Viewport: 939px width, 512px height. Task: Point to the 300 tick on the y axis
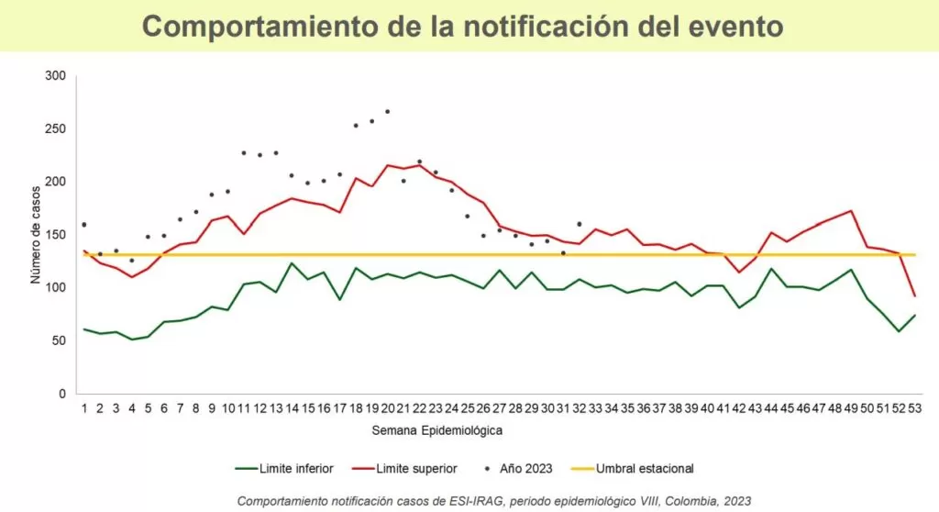coord(56,76)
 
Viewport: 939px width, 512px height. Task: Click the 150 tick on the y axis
coord(56,235)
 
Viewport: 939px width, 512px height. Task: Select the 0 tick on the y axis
coord(62,394)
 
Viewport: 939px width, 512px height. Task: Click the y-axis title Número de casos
coord(36,235)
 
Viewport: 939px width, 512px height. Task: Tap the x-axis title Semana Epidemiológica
coord(436,429)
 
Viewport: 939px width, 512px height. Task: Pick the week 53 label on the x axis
coord(914,410)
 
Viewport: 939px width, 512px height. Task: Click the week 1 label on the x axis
coord(83,410)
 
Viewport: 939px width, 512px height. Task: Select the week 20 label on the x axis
coord(387,410)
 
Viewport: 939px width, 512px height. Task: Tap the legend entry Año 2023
coord(526,469)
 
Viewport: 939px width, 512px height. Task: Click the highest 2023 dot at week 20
coord(388,111)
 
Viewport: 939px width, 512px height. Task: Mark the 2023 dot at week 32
coord(580,224)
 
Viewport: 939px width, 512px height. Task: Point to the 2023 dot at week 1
coord(83,225)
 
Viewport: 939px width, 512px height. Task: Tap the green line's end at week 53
coord(914,315)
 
